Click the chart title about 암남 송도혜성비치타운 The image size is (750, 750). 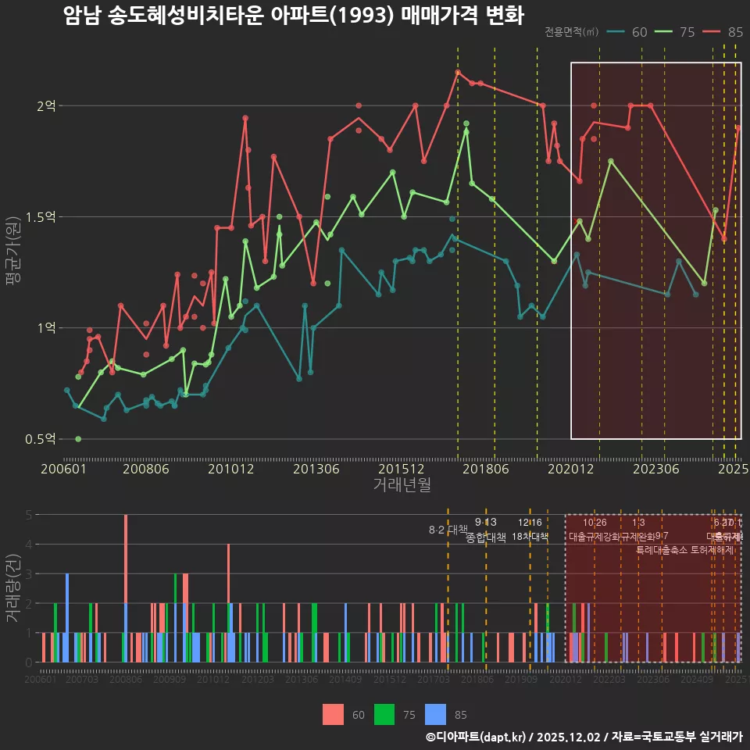pyautogui.click(x=293, y=16)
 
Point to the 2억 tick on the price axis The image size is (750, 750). pyautogui.click(x=46, y=105)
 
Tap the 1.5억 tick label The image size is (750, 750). pyautogui.click(x=41, y=217)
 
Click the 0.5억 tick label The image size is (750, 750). pyautogui.click(x=41, y=439)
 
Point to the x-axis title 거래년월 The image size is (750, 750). pyautogui.click(x=402, y=485)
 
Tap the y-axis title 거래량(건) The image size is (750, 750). pyautogui.click(x=14, y=588)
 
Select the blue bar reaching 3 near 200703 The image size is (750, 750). pyautogui.click(x=67, y=617)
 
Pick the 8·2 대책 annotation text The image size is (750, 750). pyautogui.click(x=448, y=530)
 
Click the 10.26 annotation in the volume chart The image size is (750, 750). pyautogui.click(x=595, y=523)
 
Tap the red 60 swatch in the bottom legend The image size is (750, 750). pyautogui.click(x=334, y=714)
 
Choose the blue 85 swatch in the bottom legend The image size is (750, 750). pyautogui.click(x=435, y=714)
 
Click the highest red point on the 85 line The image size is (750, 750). pyautogui.click(x=458, y=72)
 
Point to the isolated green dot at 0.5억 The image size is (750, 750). pyautogui.click(x=78, y=439)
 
